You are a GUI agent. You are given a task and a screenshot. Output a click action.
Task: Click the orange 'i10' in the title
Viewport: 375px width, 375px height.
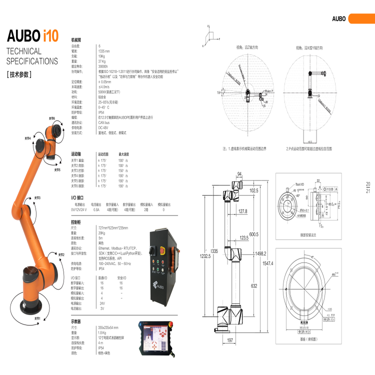tap(50, 35)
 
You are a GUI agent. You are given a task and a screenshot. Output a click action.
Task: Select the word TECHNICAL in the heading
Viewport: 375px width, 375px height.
tap(24, 51)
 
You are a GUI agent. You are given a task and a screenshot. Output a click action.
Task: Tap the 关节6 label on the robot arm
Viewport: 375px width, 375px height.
tap(51, 118)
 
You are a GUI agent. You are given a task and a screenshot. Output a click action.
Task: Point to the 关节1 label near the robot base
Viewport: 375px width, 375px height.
tap(36, 318)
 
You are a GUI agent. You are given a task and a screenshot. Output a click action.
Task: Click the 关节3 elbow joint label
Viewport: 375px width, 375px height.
tap(36, 197)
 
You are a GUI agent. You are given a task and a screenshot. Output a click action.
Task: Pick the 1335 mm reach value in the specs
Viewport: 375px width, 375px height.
tap(104, 51)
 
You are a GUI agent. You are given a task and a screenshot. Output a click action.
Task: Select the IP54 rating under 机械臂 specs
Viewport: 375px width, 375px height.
tap(101, 113)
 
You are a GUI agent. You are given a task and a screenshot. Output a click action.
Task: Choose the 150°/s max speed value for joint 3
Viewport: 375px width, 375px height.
tap(123, 171)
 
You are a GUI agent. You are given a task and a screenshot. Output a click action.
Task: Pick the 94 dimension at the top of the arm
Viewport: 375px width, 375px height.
tap(239, 173)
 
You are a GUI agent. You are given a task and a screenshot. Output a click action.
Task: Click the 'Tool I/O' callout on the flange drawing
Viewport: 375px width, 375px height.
tap(299, 184)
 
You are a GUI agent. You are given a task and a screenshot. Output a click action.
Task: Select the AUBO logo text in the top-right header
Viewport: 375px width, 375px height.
tap(339, 19)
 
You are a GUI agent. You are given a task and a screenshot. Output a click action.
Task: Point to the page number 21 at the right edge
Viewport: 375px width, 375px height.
tap(368, 191)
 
